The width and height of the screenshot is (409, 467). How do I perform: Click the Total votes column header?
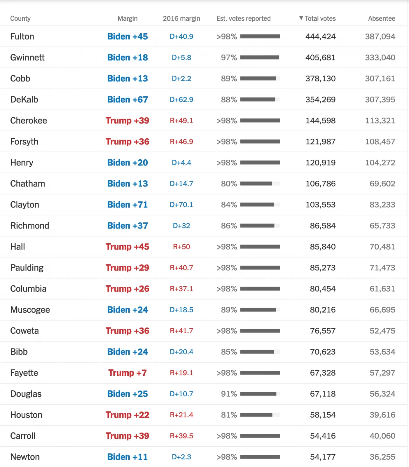[x=320, y=18]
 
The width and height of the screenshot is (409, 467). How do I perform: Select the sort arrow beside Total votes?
[x=301, y=18]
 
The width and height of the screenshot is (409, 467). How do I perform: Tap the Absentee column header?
[x=382, y=18]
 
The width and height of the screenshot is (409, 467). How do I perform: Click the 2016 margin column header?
[x=181, y=18]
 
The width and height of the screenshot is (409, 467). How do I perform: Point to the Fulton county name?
[x=22, y=36]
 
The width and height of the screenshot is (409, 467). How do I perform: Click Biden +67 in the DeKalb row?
[x=127, y=100]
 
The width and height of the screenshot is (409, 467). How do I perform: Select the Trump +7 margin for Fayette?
[x=127, y=373]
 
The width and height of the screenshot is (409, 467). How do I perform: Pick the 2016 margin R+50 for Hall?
[x=181, y=247]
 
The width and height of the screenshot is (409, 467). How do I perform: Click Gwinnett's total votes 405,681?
[x=320, y=57]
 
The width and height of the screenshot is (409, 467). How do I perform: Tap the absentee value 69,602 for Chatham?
[x=382, y=184]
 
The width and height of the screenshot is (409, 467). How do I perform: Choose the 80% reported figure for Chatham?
[x=229, y=184]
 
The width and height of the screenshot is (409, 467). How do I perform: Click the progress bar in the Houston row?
[x=260, y=415]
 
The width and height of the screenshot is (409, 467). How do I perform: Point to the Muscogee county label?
[x=30, y=310]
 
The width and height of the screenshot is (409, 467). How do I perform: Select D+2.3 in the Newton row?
[x=181, y=457]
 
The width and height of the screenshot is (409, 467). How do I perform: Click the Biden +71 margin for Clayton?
[x=127, y=205]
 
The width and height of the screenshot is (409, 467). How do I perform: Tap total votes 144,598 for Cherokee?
[x=320, y=121]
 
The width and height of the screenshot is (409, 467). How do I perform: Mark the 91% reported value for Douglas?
[x=229, y=394]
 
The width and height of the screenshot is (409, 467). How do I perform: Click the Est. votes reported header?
[x=243, y=18]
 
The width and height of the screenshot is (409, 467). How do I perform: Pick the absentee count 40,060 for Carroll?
[x=382, y=436]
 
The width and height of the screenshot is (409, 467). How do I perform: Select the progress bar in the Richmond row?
[x=260, y=226]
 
